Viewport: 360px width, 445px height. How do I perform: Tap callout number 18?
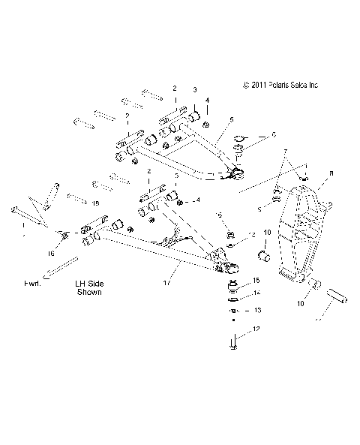[94, 203]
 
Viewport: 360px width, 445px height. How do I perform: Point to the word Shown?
[89, 293]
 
